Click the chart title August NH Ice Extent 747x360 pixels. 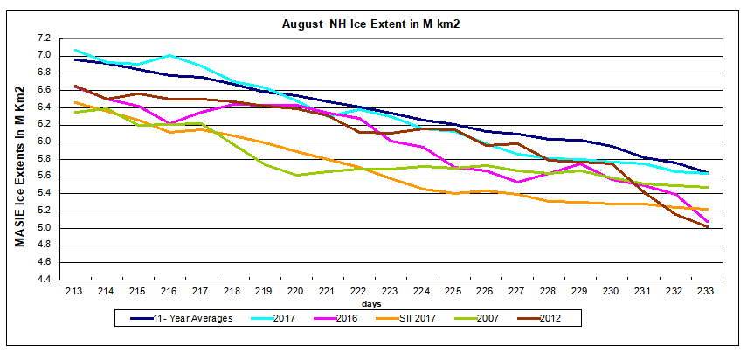point(371,24)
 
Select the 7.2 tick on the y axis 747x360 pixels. point(44,38)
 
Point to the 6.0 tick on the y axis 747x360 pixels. point(44,142)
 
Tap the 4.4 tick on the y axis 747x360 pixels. point(44,280)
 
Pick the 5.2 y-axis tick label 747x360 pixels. point(44,211)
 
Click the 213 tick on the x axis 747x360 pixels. point(75,291)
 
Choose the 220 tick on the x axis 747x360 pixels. point(295,291)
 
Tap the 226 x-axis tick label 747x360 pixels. point(484,291)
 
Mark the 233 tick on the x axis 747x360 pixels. point(705,291)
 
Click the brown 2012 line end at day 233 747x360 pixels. point(706,227)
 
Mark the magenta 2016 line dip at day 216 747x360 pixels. point(169,123)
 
